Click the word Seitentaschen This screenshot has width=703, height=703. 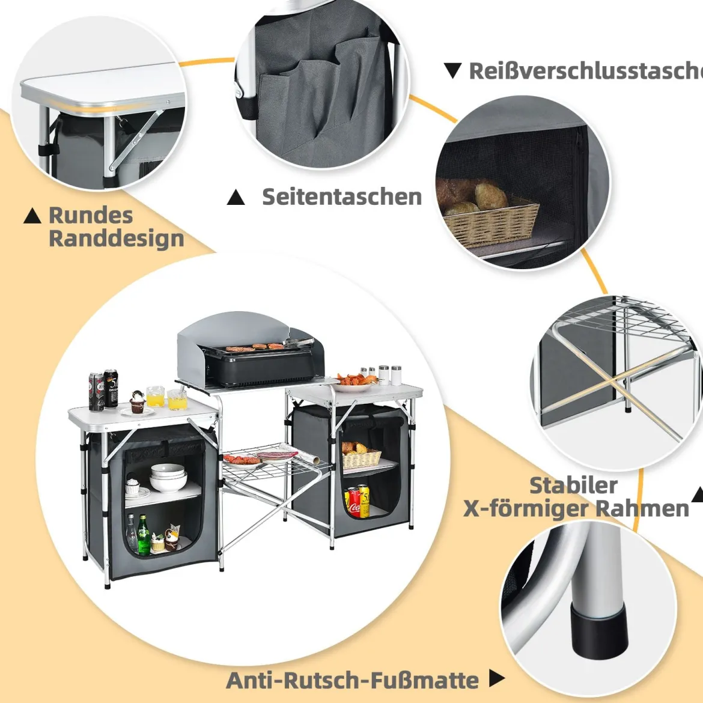pyautogui.click(x=342, y=197)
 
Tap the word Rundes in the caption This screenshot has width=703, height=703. pyautogui.click(x=91, y=215)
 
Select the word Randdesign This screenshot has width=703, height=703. pyautogui.click(x=117, y=239)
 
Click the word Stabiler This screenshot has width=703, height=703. pyautogui.click(x=573, y=485)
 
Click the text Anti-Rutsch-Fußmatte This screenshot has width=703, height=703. pyautogui.click(x=352, y=680)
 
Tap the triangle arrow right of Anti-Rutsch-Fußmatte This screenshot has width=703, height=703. pyautogui.click(x=496, y=678)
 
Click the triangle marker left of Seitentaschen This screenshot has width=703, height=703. pyautogui.click(x=236, y=197)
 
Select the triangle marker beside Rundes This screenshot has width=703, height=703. pyautogui.click(x=32, y=216)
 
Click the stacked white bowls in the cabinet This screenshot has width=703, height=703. pyautogui.click(x=168, y=477)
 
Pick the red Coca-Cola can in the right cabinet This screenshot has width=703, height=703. pyautogui.click(x=354, y=502)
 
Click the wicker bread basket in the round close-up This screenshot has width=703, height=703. pyautogui.click(x=492, y=222)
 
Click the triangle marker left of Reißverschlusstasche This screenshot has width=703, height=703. pyautogui.click(x=453, y=71)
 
